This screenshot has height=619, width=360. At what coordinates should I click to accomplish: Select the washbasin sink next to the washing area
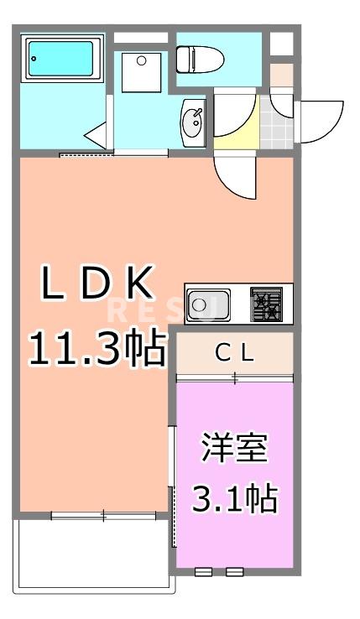tap(192, 123)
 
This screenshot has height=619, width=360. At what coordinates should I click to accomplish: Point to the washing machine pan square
tap(140, 70)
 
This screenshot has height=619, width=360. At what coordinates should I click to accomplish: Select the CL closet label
tap(234, 354)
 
